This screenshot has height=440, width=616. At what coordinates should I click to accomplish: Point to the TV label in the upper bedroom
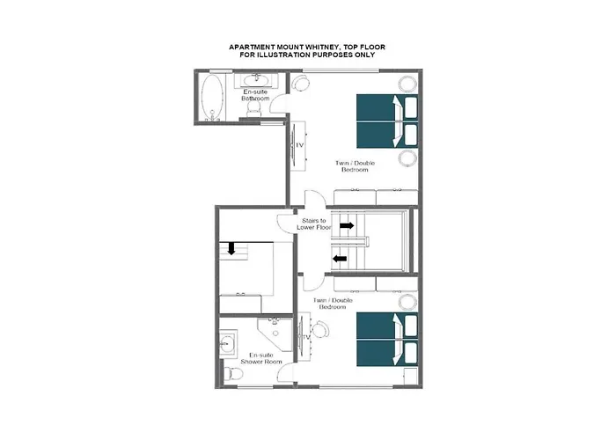299,145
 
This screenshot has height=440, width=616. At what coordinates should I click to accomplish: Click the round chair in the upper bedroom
302,83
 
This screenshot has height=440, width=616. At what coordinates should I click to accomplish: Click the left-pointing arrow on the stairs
339,258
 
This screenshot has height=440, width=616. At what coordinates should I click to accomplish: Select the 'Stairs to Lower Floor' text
312,224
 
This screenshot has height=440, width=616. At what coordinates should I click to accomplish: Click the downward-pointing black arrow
231,249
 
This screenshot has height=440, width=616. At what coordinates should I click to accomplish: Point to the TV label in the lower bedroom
307,338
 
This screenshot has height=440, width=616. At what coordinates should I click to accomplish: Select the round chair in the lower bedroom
320,332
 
